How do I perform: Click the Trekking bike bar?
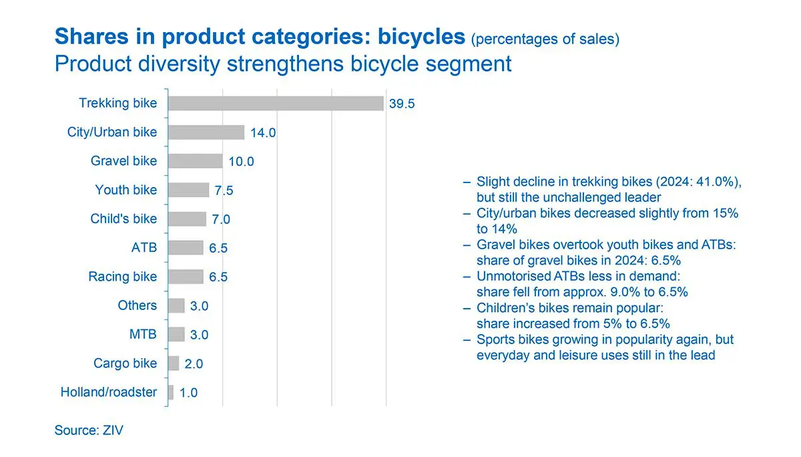pos(276,104)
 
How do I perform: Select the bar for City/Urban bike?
pos(206,132)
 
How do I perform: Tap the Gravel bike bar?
pos(195,161)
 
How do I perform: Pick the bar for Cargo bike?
pos(174,363)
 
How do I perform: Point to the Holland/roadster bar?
pos(171,392)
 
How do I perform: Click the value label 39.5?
pos(402,104)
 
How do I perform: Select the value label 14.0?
pos(263,133)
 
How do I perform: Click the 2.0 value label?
pos(194,365)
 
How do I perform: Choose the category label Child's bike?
pos(123,219)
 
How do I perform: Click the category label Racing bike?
pos(122,277)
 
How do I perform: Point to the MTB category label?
pos(143,334)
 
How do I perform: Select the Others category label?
pos(138,305)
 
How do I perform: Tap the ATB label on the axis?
pos(144,248)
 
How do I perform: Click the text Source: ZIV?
pos(89,430)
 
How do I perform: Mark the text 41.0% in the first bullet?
pos(717,182)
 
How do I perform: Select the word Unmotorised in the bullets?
pos(511,276)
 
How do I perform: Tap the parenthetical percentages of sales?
pos(545,39)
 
